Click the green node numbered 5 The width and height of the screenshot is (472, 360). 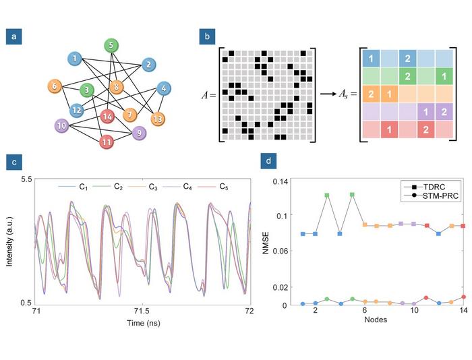pyautogui.click(x=111, y=45)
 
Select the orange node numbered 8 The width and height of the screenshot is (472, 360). pyautogui.click(x=117, y=86)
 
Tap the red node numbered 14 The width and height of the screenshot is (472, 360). pyautogui.click(x=107, y=117)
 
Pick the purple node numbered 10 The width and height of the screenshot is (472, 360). pyautogui.click(x=62, y=125)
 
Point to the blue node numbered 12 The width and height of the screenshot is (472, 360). pyautogui.click(x=78, y=109)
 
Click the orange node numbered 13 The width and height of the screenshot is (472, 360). pyautogui.click(x=158, y=119)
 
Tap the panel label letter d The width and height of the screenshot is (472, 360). pyautogui.click(x=270, y=162)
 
